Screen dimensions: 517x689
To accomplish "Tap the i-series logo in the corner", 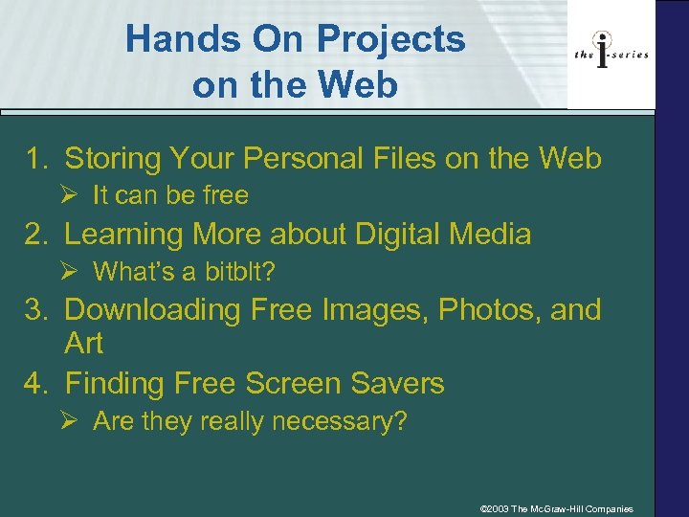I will (x=611, y=54).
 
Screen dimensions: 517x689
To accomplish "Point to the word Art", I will (x=83, y=343).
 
